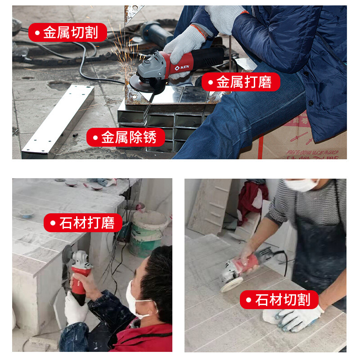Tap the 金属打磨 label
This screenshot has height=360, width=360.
(241, 82)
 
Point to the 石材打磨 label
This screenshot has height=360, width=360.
(83, 223)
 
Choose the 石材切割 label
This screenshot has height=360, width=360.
(279, 300)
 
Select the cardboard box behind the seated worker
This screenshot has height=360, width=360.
(297, 139)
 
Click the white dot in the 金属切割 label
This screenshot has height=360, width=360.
(36, 32)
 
